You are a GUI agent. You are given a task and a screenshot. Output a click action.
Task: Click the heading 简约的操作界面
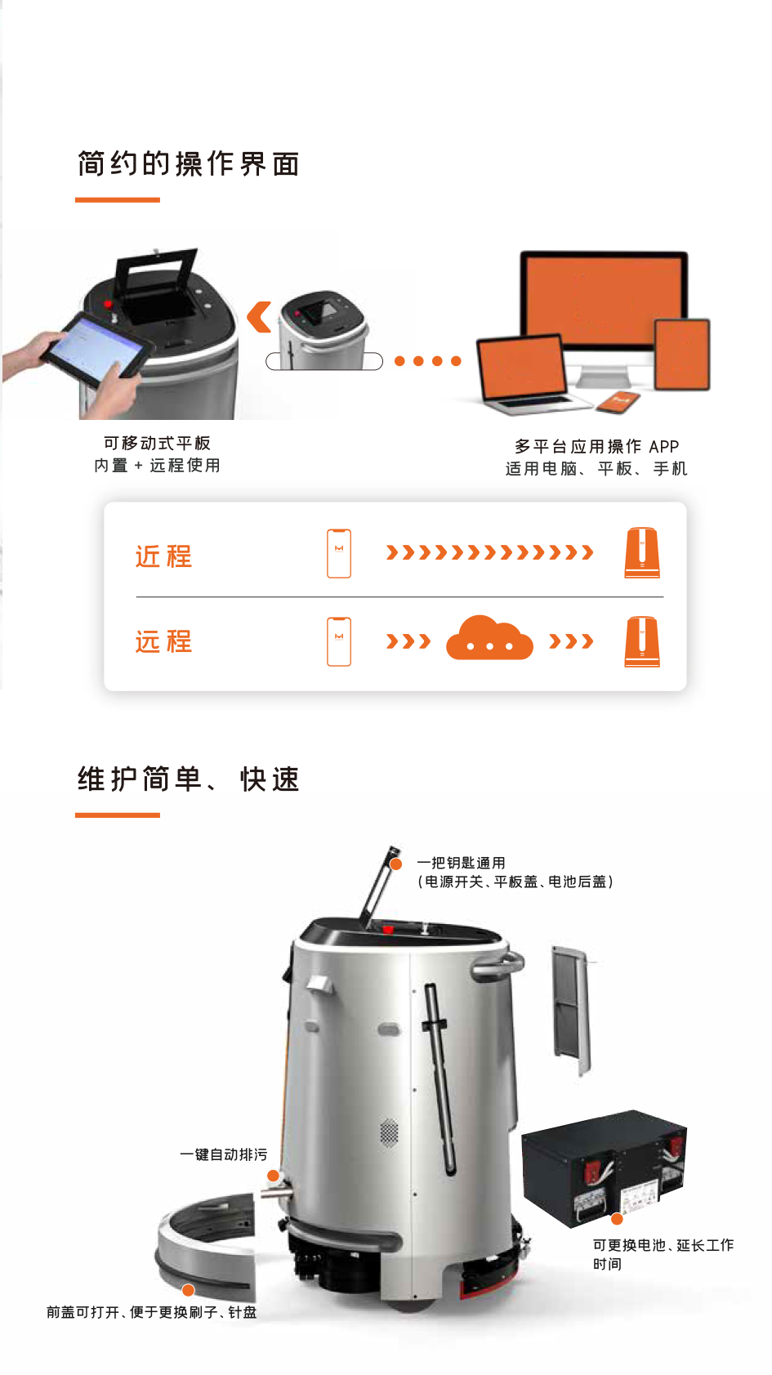coord(189,164)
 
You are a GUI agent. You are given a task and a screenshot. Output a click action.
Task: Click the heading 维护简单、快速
coord(189,779)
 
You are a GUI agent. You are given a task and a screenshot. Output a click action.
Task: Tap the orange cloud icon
coord(489,638)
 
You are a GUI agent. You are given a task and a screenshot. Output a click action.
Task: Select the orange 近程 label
coord(164,556)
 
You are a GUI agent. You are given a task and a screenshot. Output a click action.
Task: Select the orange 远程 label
coord(164,641)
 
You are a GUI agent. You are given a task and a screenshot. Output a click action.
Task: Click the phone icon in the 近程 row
coord(339,553)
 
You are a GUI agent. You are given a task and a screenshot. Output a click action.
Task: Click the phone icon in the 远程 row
coord(339,641)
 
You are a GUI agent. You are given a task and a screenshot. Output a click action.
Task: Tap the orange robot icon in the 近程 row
coord(642,552)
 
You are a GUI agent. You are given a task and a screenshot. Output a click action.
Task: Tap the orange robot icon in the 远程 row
coord(642,641)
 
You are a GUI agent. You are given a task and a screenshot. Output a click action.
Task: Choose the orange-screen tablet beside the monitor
coord(682,355)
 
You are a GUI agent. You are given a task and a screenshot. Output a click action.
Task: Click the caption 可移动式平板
coord(157,443)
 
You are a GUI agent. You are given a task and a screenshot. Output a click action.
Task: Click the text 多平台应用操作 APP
coord(596,446)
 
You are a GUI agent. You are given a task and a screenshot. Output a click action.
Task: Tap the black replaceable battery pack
coord(605,1167)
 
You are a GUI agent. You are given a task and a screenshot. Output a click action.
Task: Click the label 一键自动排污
coord(223,1154)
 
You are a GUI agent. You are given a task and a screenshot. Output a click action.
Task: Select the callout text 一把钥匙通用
coord(462,863)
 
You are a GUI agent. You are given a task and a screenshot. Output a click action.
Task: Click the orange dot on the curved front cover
coord(189,1290)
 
